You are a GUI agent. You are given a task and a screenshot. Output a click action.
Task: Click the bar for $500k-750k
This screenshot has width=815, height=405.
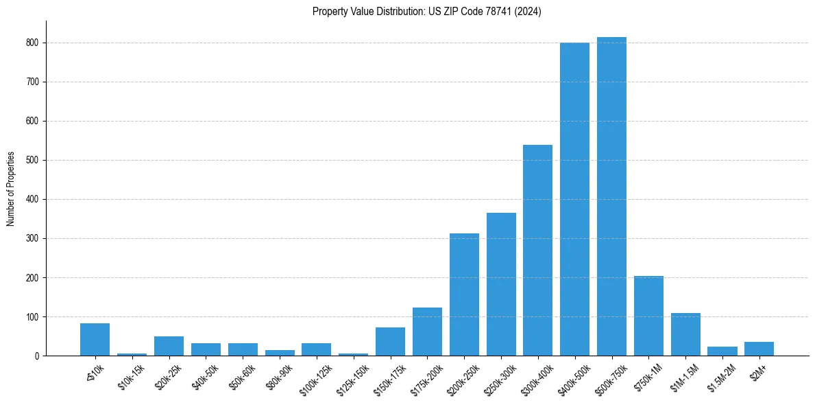point(611,196)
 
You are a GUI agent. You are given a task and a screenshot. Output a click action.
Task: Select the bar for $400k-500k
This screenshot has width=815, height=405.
point(574,199)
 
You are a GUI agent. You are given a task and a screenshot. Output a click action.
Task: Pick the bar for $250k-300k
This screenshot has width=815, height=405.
point(501,284)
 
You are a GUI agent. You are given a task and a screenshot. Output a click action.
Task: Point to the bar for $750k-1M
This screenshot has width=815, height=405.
point(648,316)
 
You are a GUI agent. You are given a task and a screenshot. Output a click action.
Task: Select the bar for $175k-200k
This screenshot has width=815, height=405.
point(427,332)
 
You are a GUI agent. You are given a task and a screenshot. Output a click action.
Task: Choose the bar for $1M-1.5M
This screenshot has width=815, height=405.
point(685,334)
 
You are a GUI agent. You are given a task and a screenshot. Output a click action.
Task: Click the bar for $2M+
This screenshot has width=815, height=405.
point(759,349)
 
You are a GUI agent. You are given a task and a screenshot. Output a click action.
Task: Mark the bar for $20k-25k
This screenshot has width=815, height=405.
point(169,346)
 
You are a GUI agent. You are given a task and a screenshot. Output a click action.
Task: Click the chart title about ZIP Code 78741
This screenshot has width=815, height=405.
point(426,12)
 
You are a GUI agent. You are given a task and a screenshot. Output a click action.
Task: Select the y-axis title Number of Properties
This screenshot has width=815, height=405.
point(11,189)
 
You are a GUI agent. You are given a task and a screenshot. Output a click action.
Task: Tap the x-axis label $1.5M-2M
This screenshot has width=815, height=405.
point(720,375)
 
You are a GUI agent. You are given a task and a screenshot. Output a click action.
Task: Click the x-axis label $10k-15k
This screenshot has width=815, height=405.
point(131,374)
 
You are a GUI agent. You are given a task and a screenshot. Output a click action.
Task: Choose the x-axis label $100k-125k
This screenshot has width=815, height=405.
point(315,376)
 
